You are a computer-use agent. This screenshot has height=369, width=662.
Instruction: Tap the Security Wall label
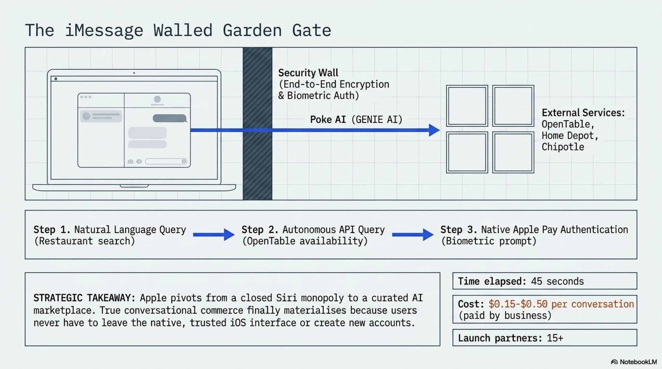pos(308,73)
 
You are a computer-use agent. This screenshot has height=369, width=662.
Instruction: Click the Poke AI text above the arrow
pos(328,120)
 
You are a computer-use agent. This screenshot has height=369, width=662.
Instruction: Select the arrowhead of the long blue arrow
pos(434,130)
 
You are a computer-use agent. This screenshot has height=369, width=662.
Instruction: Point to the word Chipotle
pos(563,147)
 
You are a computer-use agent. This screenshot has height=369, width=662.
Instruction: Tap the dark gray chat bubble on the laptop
pos(170,118)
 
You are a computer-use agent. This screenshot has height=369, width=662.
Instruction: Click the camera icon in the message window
pos(130,161)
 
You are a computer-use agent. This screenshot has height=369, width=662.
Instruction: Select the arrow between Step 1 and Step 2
pos(214,234)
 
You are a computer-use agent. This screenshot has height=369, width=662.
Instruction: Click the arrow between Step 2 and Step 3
pos(413,234)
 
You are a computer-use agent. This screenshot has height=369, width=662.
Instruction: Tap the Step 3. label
pos(459,230)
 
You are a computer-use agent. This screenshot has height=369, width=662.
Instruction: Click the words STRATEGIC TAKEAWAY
pos(84,298)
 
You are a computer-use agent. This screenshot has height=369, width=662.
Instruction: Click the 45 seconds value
pos(557,282)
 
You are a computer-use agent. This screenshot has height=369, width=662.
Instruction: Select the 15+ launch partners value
pos(555,338)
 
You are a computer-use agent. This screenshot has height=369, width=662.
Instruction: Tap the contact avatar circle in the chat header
pos(157,99)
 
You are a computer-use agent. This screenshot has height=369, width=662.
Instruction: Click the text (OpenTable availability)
pos(305,241)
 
